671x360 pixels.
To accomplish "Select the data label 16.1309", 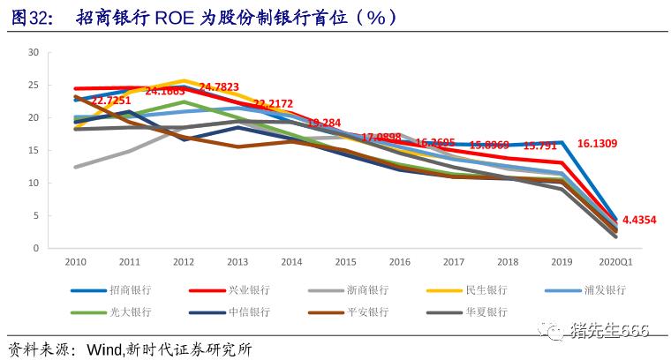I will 598,142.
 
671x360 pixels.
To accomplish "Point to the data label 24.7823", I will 219,86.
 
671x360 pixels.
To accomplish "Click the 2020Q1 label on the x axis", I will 614,262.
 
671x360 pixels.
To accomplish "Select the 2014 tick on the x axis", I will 290,262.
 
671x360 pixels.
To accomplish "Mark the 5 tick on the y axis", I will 35,216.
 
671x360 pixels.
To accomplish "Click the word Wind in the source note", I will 105,349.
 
